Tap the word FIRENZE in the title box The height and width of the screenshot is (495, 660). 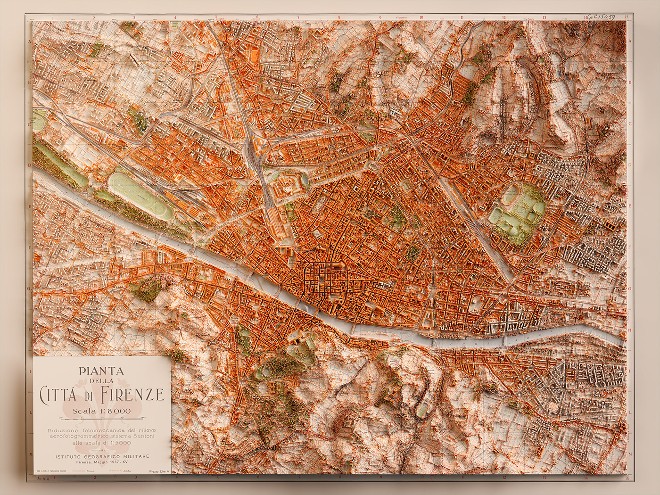(x=133, y=394)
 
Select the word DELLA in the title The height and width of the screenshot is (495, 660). (x=102, y=381)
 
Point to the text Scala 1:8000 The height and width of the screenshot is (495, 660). (x=102, y=411)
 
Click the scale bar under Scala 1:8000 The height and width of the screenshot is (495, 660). (x=102, y=418)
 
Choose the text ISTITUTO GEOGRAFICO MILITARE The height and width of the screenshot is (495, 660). (x=102, y=456)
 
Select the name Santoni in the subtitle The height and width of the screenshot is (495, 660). (x=144, y=437)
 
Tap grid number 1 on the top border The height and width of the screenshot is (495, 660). (x=53, y=18)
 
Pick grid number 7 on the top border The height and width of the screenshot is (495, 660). (x=298, y=18)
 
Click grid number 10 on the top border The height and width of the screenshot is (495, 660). (x=421, y=18)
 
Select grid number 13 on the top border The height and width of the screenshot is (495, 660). (x=544, y=18)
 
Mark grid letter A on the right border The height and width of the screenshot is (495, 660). (x=630, y=41)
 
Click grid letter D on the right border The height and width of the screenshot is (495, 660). (x=630, y=165)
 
